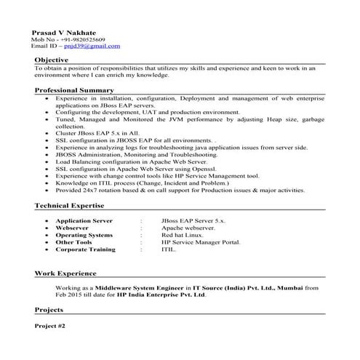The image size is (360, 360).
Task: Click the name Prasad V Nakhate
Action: pos(63,32)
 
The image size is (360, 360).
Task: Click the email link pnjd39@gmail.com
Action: pos(91,45)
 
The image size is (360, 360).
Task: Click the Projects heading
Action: pos(49,309)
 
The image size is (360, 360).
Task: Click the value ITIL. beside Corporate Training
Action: pos(169,249)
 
